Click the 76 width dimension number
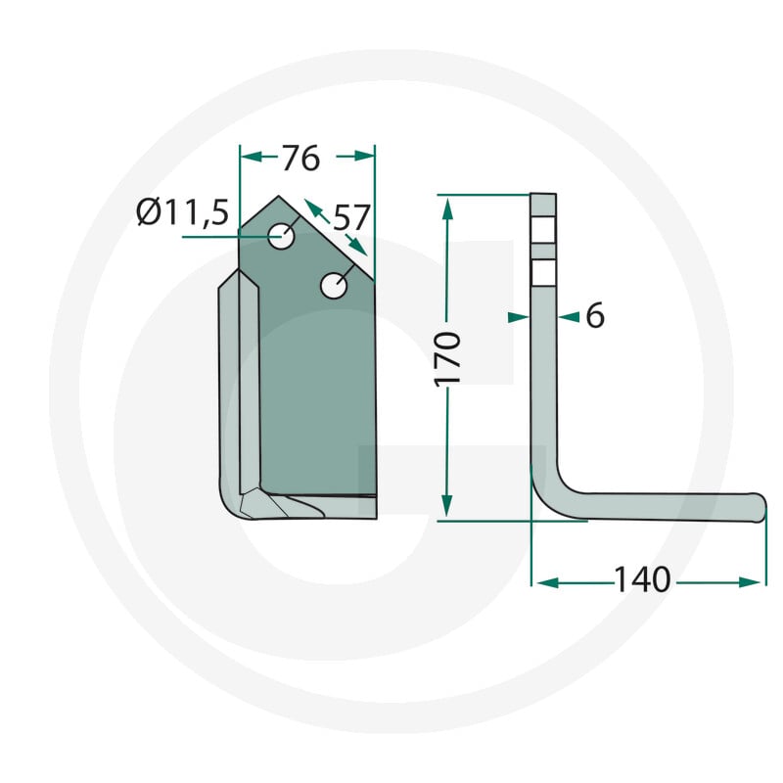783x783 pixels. click(300, 159)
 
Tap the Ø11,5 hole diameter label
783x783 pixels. click(183, 212)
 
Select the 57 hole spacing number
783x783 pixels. click(351, 217)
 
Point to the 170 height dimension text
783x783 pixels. click(447, 358)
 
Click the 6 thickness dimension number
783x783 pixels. click(595, 315)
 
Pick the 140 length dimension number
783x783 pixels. click(642, 579)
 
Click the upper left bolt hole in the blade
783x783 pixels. click(281, 236)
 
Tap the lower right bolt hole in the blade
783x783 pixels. click(334, 286)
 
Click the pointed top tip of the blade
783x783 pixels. click(279, 196)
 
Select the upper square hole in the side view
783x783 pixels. click(543, 230)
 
